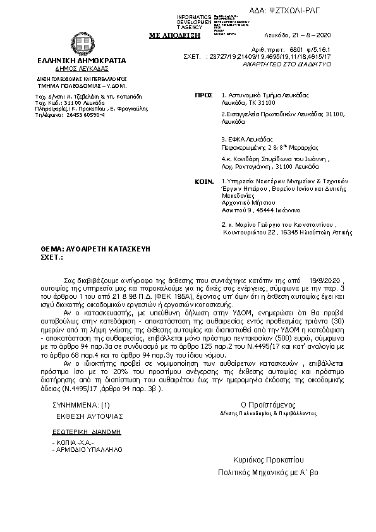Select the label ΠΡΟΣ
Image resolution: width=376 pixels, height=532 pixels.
pyautogui.click(x=203, y=94)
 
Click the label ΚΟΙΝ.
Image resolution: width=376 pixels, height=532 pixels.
pyautogui.click(x=203, y=180)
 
